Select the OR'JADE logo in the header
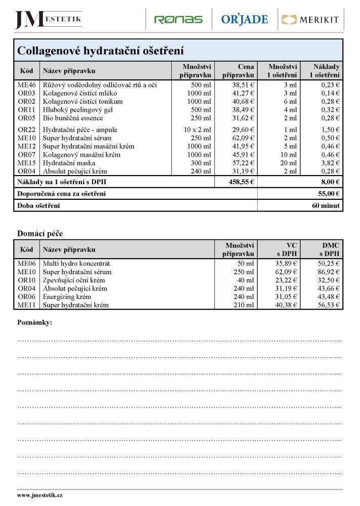244,20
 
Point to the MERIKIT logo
310,20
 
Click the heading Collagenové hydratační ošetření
100,51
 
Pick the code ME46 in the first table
27,85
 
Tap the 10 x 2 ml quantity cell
197,130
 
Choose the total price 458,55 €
241,182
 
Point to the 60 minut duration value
327,205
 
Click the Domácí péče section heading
40,233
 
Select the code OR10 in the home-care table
27,280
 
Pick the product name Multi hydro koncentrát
76,264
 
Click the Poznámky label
35,322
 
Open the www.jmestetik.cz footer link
40,495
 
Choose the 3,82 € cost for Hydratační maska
331,163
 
